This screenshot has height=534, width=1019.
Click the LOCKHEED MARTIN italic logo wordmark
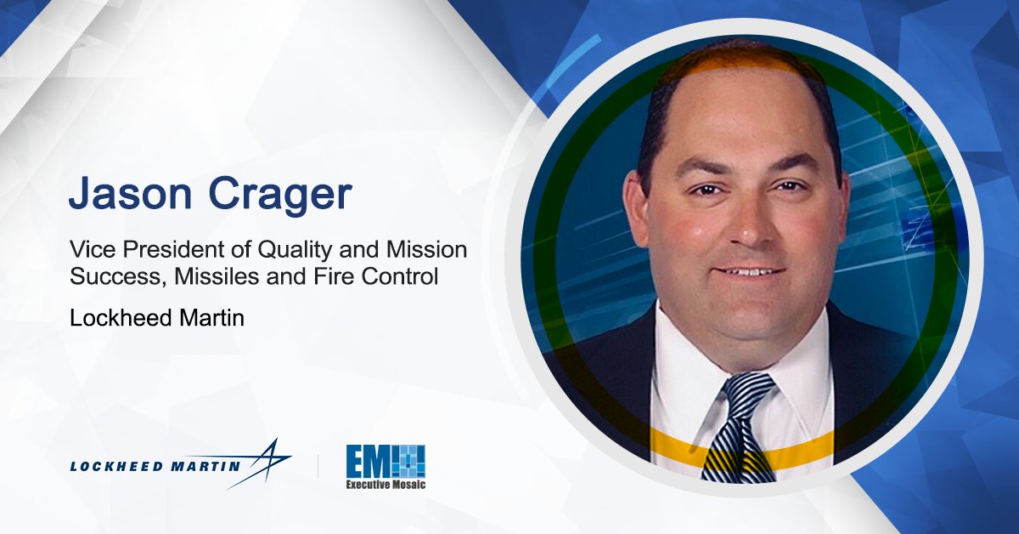[156, 466]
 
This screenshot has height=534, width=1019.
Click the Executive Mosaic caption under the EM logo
[385, 484]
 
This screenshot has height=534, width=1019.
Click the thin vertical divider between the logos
[318, 466]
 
